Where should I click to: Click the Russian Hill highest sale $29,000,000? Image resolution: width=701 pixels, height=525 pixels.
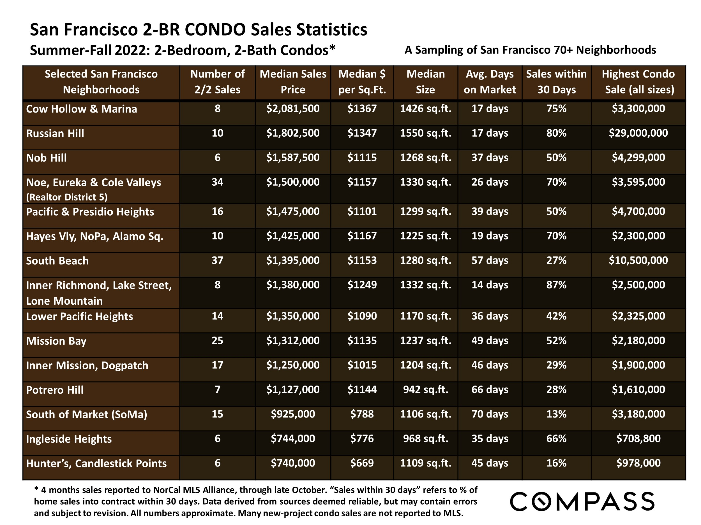click(x=638, y=133)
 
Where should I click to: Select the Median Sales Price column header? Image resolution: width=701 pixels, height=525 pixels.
click(x=293, y=82)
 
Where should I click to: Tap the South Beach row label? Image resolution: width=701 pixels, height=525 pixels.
click(x=57, y=261)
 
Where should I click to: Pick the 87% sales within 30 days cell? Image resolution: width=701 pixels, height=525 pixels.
click(x=556, y=285)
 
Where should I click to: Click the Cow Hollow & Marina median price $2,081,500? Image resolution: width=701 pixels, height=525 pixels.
click(x=293, y=109)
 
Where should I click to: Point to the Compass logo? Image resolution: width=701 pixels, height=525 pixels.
click(x=582, y=501)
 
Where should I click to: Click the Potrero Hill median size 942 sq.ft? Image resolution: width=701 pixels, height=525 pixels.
click(x=425, y=389)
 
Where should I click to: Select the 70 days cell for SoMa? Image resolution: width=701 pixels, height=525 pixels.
click(x=490, y=414)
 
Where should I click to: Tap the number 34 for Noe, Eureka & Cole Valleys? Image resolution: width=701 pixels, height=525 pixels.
click(x=217, y=182)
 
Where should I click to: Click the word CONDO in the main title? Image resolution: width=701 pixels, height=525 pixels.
click(x=215, y=30)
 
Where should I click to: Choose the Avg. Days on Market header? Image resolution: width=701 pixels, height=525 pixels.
click(x=490, y=82)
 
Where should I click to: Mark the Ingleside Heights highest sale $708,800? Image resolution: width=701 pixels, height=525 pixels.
click(x=638, y=438)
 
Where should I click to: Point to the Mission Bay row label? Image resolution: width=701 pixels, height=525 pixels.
click(x=56, y=341)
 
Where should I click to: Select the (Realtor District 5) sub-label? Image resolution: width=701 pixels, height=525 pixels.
click(x=66, y=197)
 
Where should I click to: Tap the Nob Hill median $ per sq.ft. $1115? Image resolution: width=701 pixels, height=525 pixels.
click(x=362, y=158)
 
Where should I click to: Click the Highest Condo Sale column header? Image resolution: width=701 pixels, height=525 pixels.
click(x=638, y=82)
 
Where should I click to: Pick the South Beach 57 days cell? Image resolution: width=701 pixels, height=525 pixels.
click(x=490, y=260)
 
